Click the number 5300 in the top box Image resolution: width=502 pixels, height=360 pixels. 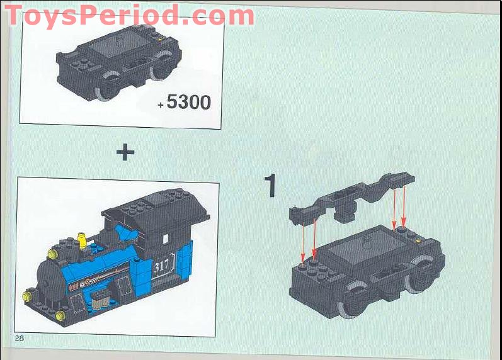click(x=189, y=101)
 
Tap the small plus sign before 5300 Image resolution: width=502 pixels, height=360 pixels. click(x=161, y=104)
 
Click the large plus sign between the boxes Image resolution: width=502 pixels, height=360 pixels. click(x=125, y=152)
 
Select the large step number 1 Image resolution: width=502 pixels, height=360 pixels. click(x=270, y=186)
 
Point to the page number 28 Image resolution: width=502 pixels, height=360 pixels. click(x=20, y=338)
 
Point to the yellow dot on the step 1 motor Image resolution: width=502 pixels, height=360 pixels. click(x=419, y=240)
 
